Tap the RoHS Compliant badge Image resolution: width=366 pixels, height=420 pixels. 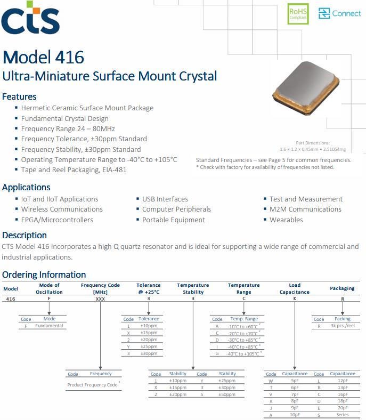coord(298,13)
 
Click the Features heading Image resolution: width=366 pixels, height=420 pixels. coord(19,96)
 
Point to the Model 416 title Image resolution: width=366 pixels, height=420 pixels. coord(43,58)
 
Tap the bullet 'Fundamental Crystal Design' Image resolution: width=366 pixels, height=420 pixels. coord(64,118)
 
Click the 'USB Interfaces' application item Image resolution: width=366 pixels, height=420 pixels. coord(165,199)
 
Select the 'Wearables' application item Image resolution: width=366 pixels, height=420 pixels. coord(286,220)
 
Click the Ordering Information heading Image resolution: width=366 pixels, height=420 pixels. coord(44,274)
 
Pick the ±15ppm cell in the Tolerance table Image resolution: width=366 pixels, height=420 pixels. coord(149,333)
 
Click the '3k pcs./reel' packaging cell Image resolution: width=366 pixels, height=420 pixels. coord(343,326)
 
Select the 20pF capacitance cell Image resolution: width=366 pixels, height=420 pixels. coord(343,408)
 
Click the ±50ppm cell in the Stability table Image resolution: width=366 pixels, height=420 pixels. coord(227,394)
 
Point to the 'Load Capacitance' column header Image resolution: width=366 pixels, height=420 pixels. coord(295,288)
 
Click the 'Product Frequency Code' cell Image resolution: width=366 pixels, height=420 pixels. coord(93,384)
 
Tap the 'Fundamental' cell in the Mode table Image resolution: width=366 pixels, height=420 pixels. coord(49,326)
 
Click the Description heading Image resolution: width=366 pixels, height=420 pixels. coord(25,235)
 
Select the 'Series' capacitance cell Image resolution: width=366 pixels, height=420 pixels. coord(343,415)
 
